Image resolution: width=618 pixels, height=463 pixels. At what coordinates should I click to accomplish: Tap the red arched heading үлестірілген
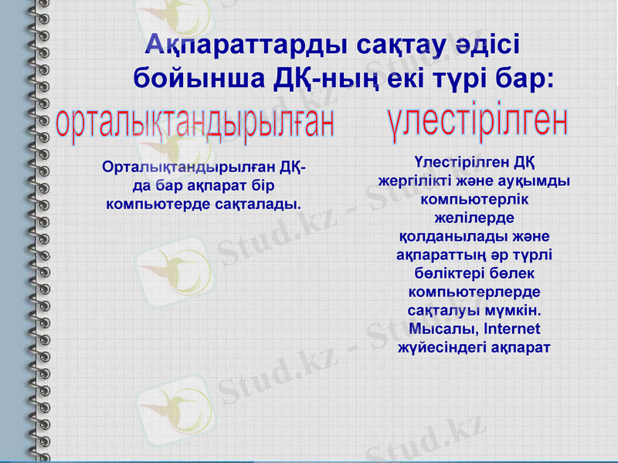coord(477,122)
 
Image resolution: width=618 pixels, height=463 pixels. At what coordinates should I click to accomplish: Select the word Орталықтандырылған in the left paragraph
coord(188,167)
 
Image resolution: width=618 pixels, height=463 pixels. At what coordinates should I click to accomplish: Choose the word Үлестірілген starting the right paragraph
coord(452,162)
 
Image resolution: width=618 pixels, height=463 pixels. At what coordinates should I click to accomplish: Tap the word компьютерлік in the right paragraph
coord(474,199)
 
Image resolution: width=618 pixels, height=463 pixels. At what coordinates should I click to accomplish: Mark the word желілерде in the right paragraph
coord(474,218)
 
